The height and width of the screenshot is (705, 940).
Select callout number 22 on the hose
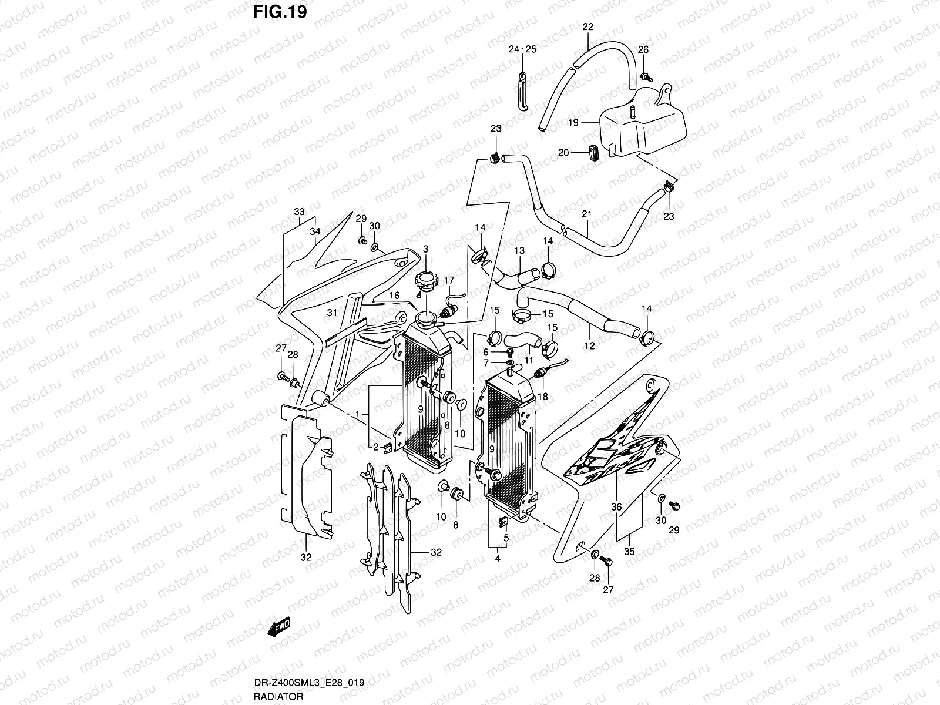[588, 26]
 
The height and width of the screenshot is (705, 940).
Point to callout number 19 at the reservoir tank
[573, 123]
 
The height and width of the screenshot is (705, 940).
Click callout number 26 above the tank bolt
[643, 49]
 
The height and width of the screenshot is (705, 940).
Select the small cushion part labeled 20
[592, 152]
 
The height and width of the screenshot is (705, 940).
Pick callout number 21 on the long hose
[586, 214]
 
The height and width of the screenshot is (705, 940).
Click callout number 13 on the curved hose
[519, 251]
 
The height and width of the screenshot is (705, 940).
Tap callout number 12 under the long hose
[589, 346]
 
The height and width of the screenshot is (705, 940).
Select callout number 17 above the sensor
[449, 281]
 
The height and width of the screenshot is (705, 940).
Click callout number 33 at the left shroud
[299, 211]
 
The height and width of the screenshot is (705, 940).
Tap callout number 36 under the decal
[616, 507]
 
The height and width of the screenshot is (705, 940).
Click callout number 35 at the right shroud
[630, 552]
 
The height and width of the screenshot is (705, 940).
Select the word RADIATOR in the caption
[279, 697]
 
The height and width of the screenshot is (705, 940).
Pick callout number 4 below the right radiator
[497, 559]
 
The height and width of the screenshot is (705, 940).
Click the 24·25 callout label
[522, 49]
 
